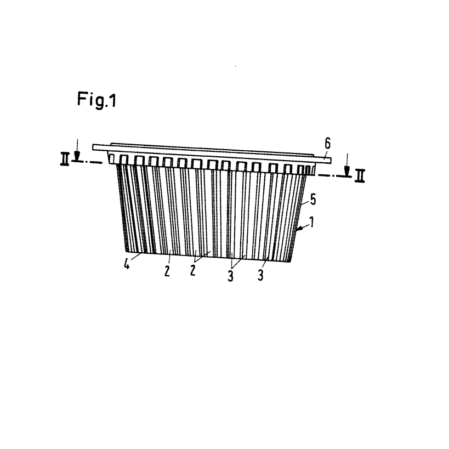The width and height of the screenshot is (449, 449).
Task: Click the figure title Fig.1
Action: coord(96,101)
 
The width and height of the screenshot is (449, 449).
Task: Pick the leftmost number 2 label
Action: coord(167,271)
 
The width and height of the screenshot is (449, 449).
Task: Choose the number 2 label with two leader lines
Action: coord(193,271)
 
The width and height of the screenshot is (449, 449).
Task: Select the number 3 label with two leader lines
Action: coord(230,276)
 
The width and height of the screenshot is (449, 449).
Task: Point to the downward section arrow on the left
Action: coord(77,154)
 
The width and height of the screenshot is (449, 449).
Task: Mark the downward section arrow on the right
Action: coord(346,167)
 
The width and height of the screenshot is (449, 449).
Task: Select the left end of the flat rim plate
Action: coord(94,147)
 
